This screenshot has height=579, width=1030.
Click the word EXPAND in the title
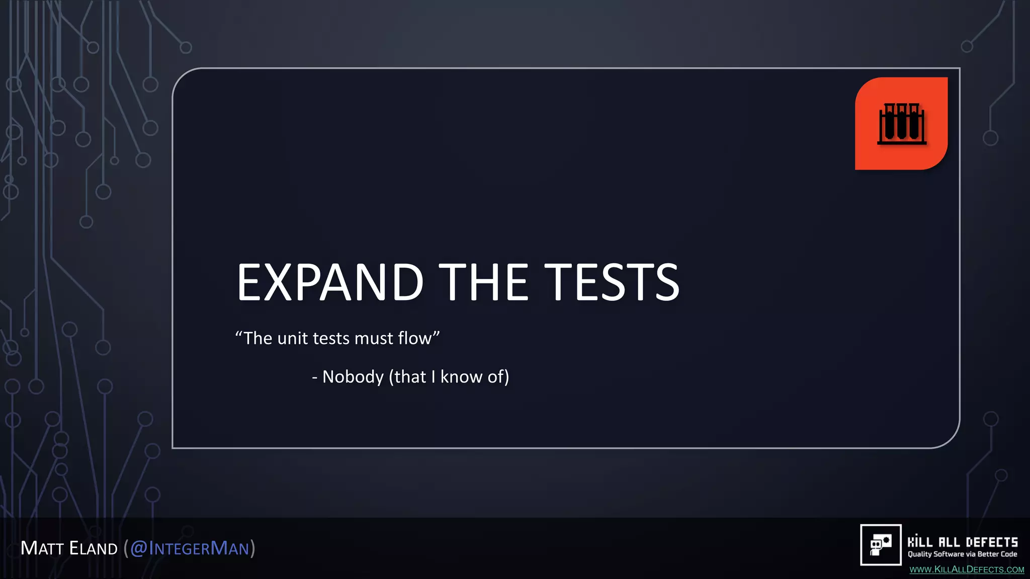tap(330, 282)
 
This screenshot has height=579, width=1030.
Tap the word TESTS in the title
tap(612, 282)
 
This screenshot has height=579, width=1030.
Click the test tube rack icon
tap(902, 124)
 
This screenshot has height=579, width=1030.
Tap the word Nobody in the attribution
tap(353, 376)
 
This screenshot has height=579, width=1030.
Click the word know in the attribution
tap(461, 376)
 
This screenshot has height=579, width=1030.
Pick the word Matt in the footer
tap(42, 548)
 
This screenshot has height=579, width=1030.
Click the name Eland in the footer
tap(94, 548)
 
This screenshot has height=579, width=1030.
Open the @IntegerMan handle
tap(190, 548)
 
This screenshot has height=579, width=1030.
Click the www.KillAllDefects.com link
tap(967, 569)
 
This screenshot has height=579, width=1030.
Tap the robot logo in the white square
tap(881, 545)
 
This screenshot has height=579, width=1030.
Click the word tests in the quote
tap(331, 338)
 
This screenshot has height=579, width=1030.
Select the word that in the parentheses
tap(410, 376)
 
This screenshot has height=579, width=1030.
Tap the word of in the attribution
tap(495, 376)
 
